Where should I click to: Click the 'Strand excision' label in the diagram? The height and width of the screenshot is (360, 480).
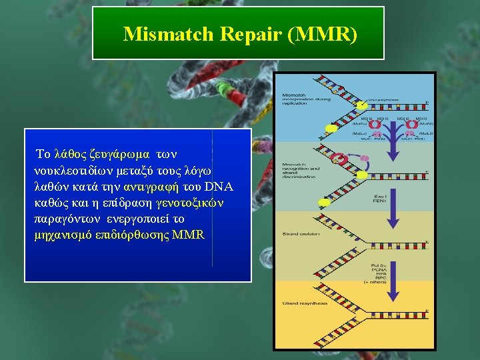(x=301, y=234)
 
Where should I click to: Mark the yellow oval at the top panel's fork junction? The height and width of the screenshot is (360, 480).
(x=362, y=105)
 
